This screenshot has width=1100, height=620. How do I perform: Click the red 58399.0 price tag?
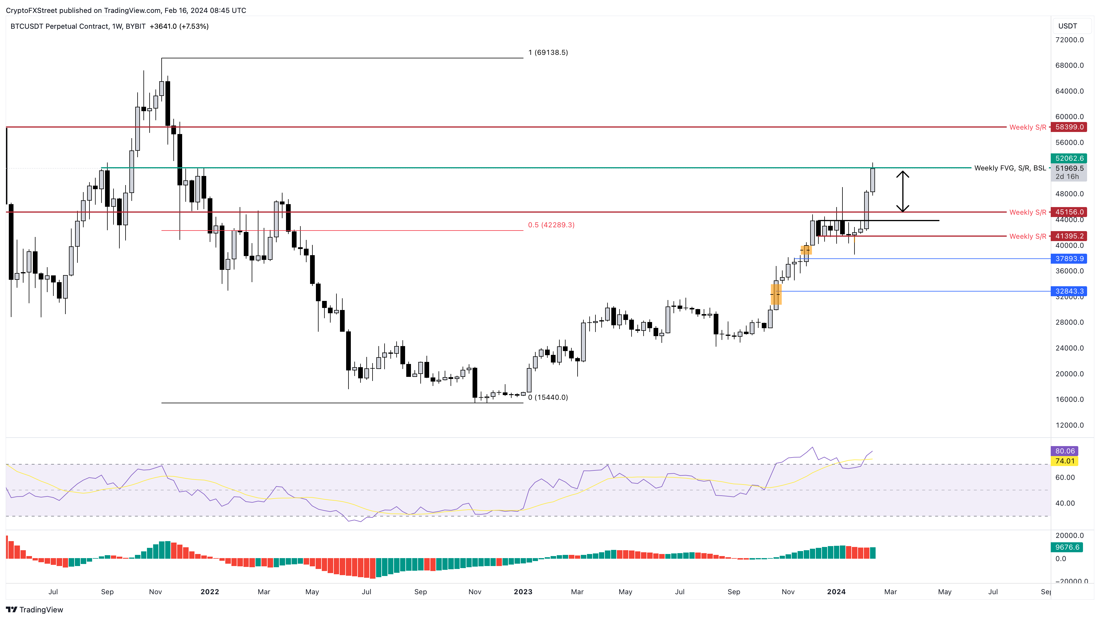[x=1069, y=127]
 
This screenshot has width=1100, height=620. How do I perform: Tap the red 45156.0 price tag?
[x=1069, y=212]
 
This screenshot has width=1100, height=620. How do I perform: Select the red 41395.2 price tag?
[x=1069, y=236]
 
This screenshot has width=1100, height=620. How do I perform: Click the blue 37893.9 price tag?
[x=1069, y=258]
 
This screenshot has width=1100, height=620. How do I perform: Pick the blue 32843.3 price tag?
[x=1069, y=291]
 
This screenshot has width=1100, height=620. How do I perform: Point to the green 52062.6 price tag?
[x=1069, y=158]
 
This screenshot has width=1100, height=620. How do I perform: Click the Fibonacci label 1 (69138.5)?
[x=548, y=52]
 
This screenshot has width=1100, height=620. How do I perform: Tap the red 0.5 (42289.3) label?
[x=551, y=225]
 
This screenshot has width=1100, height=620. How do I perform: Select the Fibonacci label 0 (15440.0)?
[x=548, y=397]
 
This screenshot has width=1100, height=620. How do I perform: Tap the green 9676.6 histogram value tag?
[x=1067, y=547]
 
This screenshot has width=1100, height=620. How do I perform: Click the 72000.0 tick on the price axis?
[x=1069, y=40]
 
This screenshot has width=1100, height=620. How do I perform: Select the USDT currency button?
[x=1067, y=26]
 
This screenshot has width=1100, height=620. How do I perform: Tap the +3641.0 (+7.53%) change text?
[x=179, y=26]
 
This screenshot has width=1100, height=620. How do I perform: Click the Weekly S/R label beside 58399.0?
[x=1028, y=127]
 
